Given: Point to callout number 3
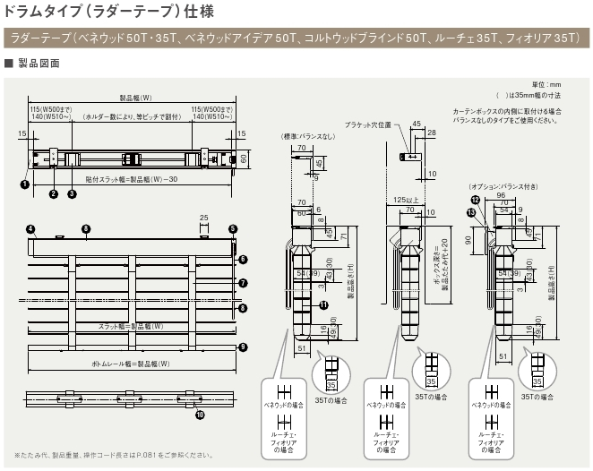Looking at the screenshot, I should point(72,193).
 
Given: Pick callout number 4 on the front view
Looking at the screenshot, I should point(30,229).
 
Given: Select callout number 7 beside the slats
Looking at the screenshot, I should point(243,283).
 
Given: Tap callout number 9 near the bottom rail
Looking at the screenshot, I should point(243,347).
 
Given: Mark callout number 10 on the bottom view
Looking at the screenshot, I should point(200,414).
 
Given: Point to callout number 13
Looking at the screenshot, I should point(470,212).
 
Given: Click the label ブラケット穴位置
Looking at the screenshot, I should point(368,124).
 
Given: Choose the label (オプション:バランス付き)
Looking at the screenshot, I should point(498,185).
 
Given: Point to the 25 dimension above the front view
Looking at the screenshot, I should point(204,217).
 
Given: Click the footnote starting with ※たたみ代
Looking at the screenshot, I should point(113,454).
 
